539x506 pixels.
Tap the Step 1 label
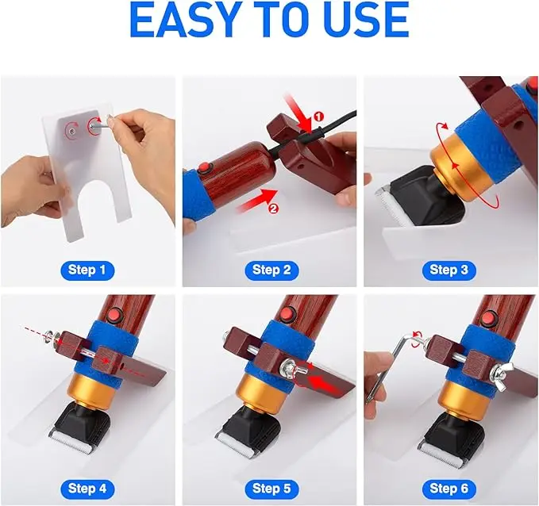(87, 270)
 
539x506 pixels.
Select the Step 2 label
(271, 270)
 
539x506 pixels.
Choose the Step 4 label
(87, 487)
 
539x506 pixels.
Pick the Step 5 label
(271, 487)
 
